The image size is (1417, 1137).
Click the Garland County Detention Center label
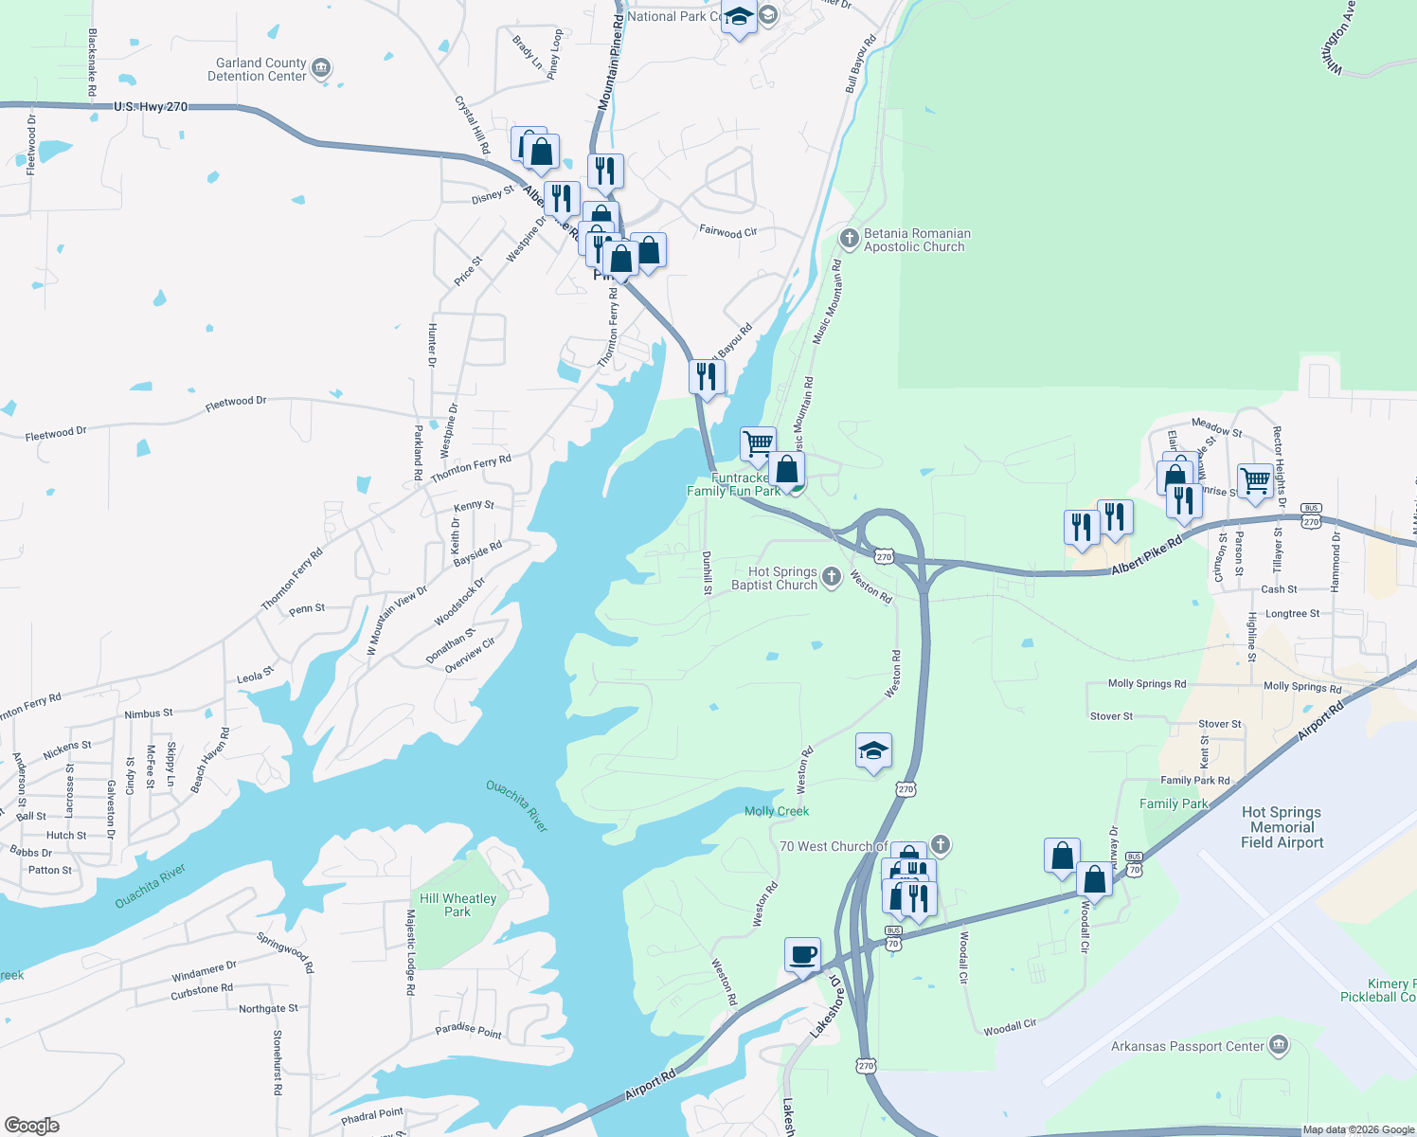257,69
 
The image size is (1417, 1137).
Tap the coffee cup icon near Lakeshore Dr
802,955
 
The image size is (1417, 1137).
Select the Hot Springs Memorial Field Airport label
1282,827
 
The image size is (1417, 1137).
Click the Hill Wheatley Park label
457,905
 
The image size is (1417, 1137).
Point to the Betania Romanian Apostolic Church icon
850,238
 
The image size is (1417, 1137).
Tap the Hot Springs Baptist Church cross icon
831,577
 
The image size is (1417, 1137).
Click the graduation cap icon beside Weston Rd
872,751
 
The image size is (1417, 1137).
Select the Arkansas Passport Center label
1187,1046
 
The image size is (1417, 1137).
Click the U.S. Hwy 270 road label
151,107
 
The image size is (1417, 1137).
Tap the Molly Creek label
777,811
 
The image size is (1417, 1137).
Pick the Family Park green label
1174,803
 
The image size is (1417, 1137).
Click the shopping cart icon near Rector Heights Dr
1255,481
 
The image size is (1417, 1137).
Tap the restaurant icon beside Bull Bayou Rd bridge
706,376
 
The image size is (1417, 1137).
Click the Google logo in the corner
31,1126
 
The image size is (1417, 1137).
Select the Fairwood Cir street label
727,231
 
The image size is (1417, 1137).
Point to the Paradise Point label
468,1030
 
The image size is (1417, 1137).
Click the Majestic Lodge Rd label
410,952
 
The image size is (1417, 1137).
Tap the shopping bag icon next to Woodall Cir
1094,880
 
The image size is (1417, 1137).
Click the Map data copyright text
1358,1129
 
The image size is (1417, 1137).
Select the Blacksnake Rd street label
92,63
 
